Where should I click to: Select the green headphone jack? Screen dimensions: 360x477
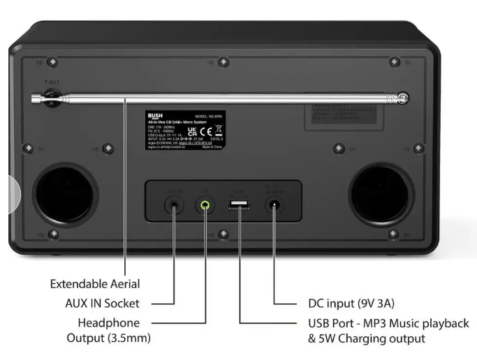coord(204,205)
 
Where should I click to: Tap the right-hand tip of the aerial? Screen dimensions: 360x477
coord(403,98)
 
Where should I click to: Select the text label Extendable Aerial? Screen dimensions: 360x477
coord(94,285)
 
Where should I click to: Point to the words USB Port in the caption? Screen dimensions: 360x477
coord(331,323)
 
